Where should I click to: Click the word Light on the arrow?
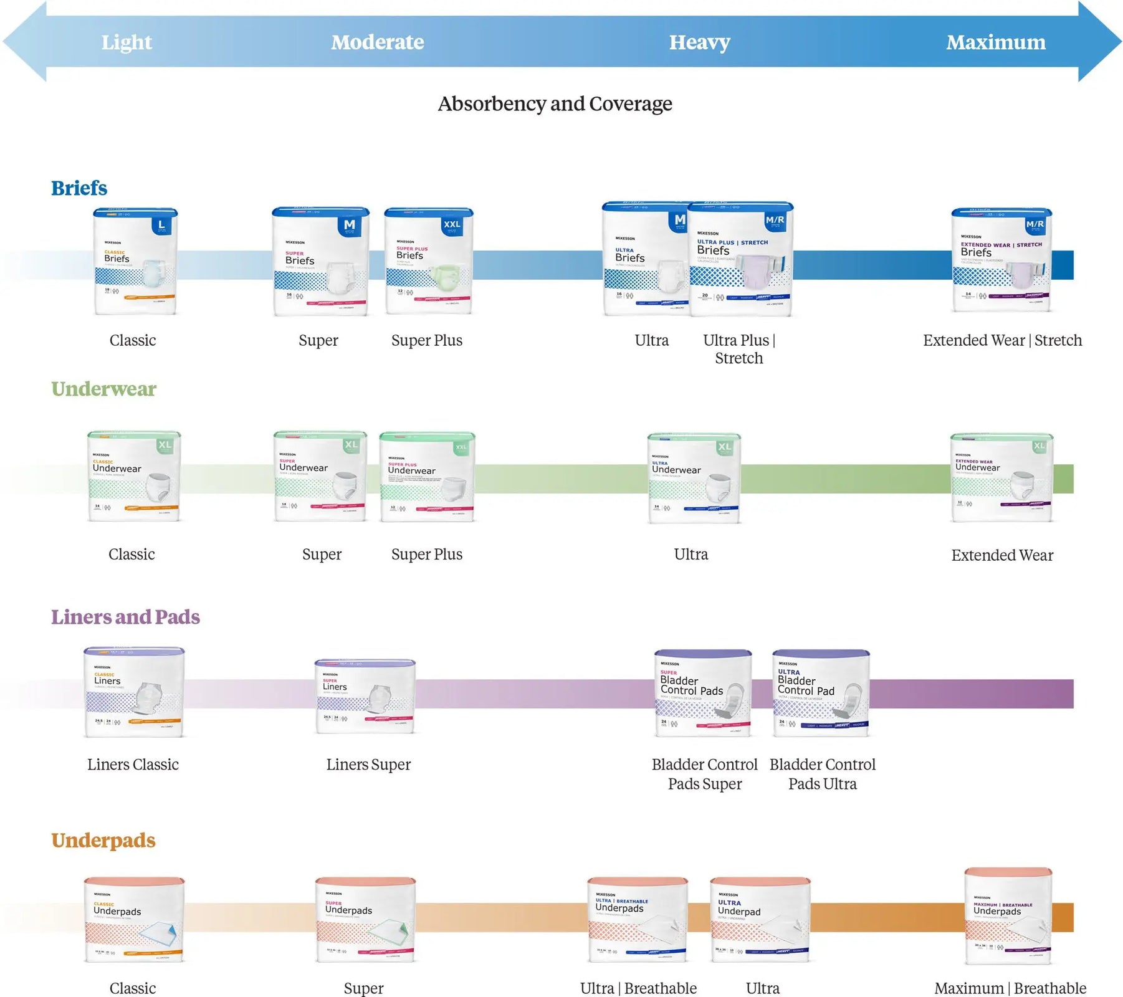[x=127, y=42]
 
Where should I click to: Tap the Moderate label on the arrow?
[x=377, y=42]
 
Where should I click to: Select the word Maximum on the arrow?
[x=995, y=42]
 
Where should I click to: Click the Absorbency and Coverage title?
[x=555, y=103]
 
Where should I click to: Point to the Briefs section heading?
[x=79, y=188]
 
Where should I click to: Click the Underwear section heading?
[x=103, y=389]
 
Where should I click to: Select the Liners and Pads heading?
[x=125, y=617]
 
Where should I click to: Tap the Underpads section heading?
[x=103, y=840]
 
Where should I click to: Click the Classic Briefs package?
[x=135, y=262]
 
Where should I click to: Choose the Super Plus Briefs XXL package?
[x=429, y=262]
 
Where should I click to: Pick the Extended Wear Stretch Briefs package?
[x=1001, y=260]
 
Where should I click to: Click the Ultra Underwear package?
[x=694, y=478]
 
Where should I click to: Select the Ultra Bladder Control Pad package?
[x=820, y=693]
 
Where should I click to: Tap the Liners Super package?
[x=365, y=696]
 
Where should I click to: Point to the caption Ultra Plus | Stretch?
[x=739, y=349]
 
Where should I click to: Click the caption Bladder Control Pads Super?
[x=704, y=774]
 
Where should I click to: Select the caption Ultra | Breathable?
[x=638, y=988]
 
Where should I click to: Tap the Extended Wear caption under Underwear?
[x=1002, y=555]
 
